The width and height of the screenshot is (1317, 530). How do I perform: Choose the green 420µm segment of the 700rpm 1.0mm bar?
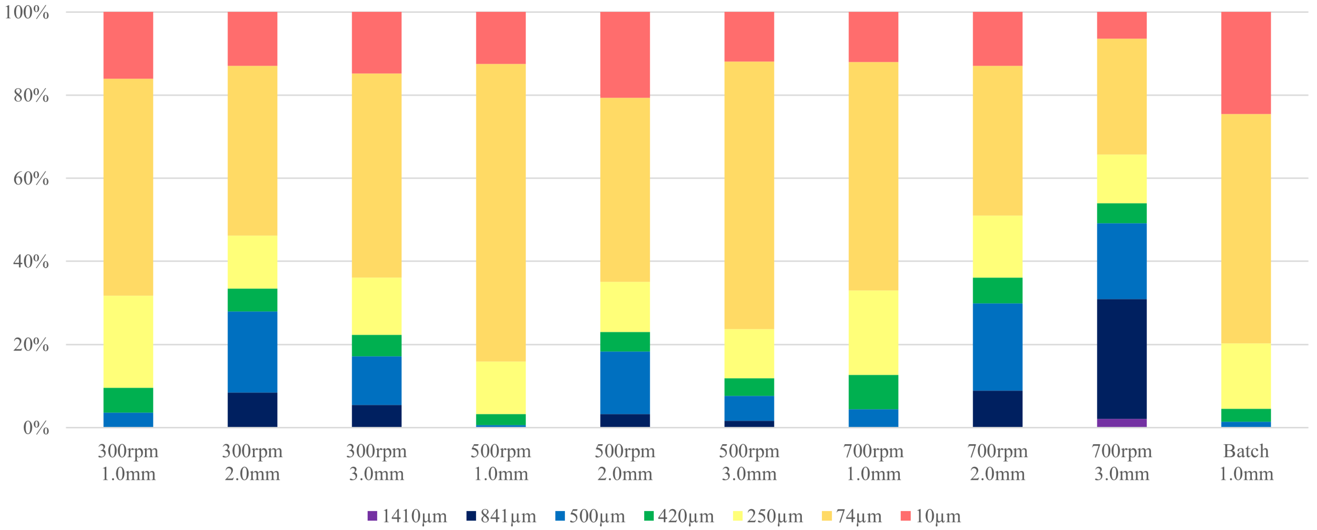pyautogui.click(x=873, y=392)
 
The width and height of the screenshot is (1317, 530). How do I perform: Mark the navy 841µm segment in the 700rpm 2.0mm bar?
pyautogui.click(x=998, y=409)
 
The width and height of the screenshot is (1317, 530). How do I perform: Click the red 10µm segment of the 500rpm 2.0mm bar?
pyautogui.click(x=625, y=55)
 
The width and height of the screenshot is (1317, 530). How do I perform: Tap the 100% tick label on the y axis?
pyautogui.click(x=27, y=12)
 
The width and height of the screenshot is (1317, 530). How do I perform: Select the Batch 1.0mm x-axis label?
pyautogui.click(x=1246, y=463)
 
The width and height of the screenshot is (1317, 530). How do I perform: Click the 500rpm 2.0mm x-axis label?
pyautogui.click(x=625, y=463)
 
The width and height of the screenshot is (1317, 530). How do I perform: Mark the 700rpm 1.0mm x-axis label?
pyautogui.click(x=873, y=463)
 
